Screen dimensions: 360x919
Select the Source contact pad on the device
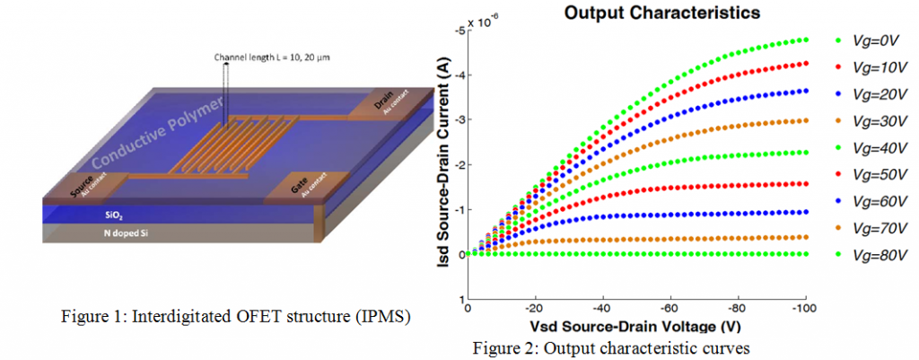[83, 186]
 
